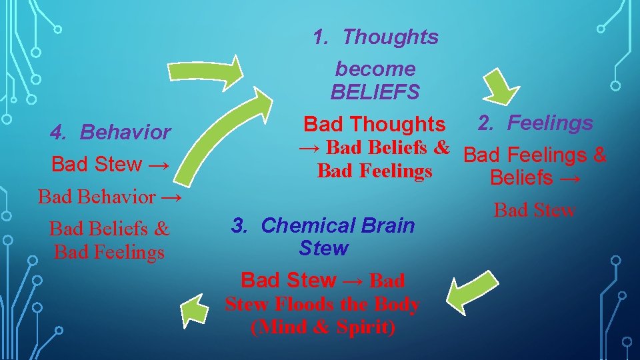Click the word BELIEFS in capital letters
point(375,92)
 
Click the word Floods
point(305,305)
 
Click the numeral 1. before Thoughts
point(321,37)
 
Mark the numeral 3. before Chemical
point(239,225)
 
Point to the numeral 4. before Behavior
point(59,132)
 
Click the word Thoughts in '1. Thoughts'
point(390,37)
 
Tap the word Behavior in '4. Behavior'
point(125,132)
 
